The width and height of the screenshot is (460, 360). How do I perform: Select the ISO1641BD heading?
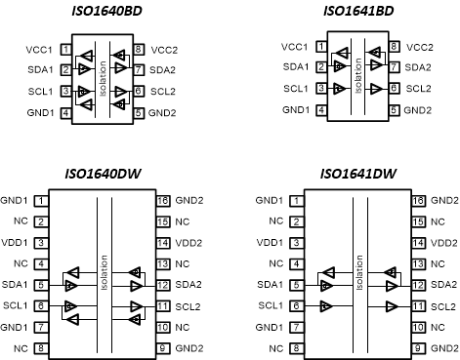point(357,11)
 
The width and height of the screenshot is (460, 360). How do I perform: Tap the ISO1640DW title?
point(104,175)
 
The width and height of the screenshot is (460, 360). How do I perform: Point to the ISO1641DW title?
point(357,175)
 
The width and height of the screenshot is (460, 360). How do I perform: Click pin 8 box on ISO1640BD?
point(140,48)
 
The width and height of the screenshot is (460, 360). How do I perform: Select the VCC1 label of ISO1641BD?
point(296,47)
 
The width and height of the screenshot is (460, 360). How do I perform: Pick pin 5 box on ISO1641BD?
point(394,110)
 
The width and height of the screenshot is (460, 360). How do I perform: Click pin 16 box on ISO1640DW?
point(162,200)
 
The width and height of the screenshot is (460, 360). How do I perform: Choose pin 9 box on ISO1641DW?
point(418,348)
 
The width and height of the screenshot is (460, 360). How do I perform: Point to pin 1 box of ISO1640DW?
point(41,200)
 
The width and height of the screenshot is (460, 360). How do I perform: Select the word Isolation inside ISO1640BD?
point(103,79)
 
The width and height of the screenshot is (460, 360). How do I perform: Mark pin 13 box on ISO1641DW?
point(418,263)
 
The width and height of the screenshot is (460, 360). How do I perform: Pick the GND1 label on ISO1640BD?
point(41,112)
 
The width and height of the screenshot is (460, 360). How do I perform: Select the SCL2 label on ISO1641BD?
point(419,89)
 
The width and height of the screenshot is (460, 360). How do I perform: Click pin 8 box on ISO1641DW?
point(295,348)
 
